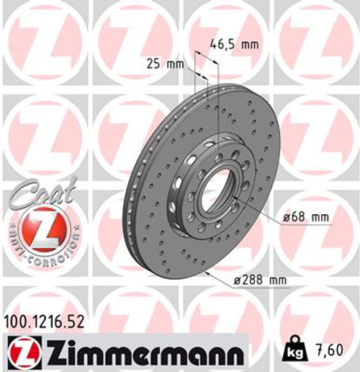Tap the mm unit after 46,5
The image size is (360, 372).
pyautogui.click(x=249, y=45)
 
